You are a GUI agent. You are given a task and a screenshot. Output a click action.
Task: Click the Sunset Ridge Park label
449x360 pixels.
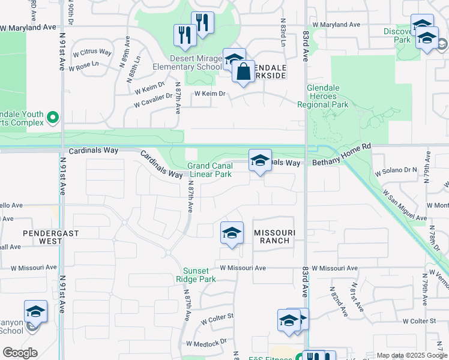pos(196,275)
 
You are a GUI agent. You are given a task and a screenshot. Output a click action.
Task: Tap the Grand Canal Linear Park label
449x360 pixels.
pos(209,170)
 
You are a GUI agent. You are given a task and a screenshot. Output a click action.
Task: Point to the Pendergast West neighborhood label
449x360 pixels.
pos(43,236)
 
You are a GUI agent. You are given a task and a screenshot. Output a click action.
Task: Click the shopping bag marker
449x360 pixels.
pos(243,73)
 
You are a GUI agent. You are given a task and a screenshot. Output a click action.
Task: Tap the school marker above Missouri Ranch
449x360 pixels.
pos(232,233)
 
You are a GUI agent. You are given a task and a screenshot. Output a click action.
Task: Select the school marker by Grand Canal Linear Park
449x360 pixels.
pos(260,161)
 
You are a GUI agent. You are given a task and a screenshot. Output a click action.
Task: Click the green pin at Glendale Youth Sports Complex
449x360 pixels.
pos(53,117)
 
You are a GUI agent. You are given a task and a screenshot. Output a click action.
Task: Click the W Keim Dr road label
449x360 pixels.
pos(209,94)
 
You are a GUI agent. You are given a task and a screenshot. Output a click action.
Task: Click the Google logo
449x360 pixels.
pos(20,353)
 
